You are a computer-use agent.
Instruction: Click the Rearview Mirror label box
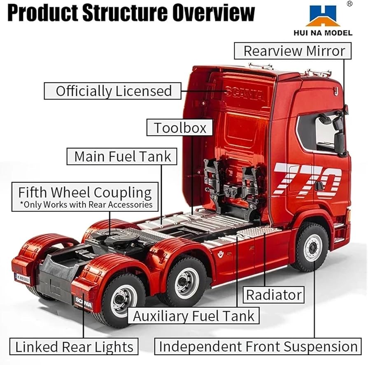294,51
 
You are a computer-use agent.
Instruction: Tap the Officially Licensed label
113,91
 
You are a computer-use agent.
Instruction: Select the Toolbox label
180,128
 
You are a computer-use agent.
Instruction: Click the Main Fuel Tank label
122,156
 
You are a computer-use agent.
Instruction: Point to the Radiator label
274,295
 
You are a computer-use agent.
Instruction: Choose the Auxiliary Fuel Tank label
194,316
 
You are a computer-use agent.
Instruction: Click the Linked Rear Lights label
74,346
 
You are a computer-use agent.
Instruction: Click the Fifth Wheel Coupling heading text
85,193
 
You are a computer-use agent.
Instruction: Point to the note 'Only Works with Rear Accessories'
86,205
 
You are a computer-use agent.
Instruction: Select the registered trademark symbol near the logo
349,4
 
